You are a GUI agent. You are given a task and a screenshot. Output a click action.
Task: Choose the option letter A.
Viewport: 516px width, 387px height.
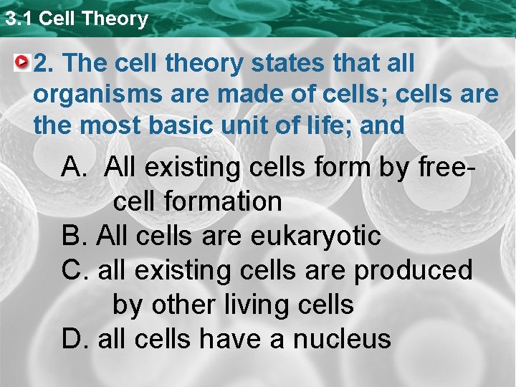pos(74,168)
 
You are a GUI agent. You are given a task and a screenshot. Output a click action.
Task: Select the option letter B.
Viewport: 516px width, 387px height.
pos(73,236)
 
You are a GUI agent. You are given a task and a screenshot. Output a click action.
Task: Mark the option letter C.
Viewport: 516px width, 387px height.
pos(74,270)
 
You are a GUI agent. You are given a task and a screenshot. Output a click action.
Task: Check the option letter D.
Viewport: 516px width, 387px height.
pos(74,338)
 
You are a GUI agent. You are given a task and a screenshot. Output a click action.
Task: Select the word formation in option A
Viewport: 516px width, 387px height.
pos(223,202)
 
